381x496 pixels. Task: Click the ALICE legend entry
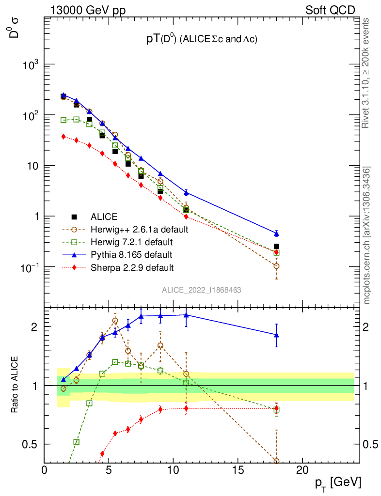(x=104, y=217)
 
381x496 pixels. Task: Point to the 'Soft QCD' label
(x=330, y=10)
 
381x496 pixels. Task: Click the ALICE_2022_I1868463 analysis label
(x=202, y=290)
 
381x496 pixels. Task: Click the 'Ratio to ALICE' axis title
(x=15, y=385)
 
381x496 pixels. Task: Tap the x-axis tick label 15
(x=238, y=470)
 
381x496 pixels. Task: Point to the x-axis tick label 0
(x=45, y=470)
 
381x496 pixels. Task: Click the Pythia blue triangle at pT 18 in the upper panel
(x=276, y=233)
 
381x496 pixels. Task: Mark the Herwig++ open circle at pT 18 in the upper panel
(x=276, y=266)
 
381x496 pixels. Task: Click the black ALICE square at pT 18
(x=276, y=247)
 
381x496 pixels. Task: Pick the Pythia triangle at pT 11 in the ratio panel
(x=186, y=315)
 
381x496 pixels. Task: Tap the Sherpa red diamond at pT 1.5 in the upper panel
(x=63, y=137)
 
